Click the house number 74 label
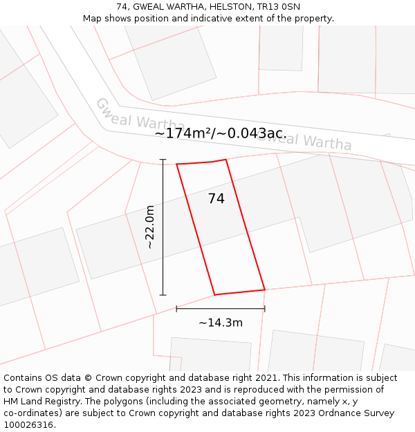[x=216, y=199]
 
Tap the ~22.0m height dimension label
[x=149, y=227]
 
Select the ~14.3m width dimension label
[x=221, y=323]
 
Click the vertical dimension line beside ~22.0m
[x=163, y=227]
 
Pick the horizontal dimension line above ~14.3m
[x=221, y=308]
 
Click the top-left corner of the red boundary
[x=177, y=165]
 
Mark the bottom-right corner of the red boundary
[x=265, y=290]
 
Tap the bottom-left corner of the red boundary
[x=214, y=295]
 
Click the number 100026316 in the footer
[x=28, y=425]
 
